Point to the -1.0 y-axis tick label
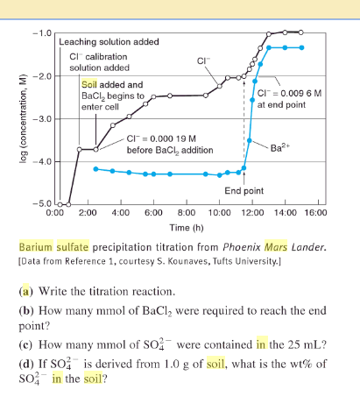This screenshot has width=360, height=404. [40, 32]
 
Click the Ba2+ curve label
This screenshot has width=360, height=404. [282, 146]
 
